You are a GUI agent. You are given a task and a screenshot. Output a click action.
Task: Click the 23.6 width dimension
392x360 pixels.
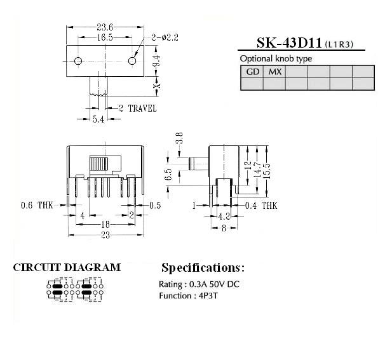(105, 27)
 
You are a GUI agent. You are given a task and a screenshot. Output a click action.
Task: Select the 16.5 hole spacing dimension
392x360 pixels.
(105, 37)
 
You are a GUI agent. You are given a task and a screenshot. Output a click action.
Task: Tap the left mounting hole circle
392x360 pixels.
(78, 61)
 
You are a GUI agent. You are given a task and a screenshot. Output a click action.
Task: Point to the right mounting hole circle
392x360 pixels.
(132, 61)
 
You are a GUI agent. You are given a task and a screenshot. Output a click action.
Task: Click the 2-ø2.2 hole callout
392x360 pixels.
(165, 37)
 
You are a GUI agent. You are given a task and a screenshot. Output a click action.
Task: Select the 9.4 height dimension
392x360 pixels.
(157, 61)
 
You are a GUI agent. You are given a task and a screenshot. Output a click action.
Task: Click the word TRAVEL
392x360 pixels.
(142, 109)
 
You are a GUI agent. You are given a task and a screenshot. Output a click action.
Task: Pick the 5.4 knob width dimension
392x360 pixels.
(98, 119)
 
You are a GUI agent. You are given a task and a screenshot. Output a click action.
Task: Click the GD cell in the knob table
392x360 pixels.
(252, 72)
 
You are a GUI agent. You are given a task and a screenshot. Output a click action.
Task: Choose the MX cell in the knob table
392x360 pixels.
(274, 72)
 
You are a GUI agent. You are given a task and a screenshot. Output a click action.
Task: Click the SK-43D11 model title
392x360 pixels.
(289, 43)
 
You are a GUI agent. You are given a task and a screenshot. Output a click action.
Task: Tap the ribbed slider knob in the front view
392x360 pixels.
(98, 164)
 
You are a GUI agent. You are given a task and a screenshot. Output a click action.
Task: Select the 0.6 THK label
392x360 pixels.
(37, 205)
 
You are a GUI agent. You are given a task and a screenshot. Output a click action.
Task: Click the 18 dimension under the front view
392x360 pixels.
(105, 224)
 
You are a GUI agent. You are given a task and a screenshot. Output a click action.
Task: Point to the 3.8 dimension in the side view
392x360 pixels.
(179, 138)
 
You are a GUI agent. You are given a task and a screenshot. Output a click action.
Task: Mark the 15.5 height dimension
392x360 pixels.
(267, 171)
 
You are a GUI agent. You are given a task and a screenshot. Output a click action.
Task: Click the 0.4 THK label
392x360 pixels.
(261, 205)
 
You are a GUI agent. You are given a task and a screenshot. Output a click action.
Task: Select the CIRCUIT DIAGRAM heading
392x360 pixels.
(67, 267)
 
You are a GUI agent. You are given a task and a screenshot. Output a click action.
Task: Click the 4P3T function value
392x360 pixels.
(208, 296)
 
